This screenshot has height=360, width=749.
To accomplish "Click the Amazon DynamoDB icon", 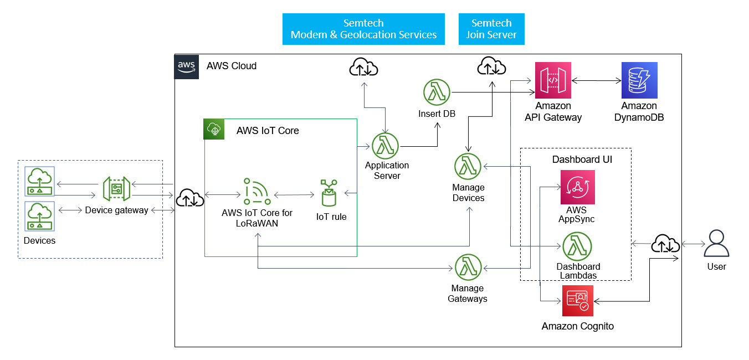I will tap(639, 80).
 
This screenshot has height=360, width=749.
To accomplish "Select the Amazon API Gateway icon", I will tap(553, 80).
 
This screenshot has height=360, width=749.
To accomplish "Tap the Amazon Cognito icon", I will tap(578, 301).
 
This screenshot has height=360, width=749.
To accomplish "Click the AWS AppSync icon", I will tap(577, 187).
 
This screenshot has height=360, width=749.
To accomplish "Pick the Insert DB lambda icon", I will tap(437, 92).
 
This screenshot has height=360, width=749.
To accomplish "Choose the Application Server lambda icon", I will tap(386, 146).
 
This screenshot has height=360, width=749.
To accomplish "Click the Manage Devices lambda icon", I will tap(468, 167).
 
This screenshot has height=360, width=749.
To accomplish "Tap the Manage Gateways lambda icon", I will tap(468, 268).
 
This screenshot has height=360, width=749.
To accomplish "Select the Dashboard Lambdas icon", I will tap(577, 246).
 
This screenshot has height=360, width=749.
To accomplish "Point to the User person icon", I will tap(717, 244).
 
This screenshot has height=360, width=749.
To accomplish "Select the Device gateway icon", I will tap(116, 189).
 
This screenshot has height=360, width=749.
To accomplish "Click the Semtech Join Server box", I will tap(491, 29).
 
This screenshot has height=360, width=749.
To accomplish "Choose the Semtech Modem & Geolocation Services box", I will tap(363, 29).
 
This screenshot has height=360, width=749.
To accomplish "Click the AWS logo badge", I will tap(186, 66).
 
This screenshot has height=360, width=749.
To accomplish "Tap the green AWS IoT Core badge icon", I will tap(214, 130).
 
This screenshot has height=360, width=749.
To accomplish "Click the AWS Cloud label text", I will tap(232, 66).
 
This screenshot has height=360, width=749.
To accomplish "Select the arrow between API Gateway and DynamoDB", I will tap(596, 81).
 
